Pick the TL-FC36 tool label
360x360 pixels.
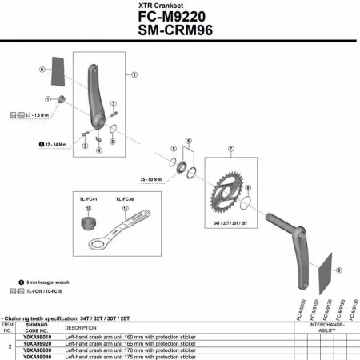pyautogui.click(x=124, y=198)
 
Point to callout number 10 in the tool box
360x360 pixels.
pyautogui.click(x=88, y=209)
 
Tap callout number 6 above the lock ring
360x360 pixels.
pyautogui.click(x=189, y=141)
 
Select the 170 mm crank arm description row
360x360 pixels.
pyautogui.click(x=120, y=350)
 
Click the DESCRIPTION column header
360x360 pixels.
pyautogui.click(x=81, y=327)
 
